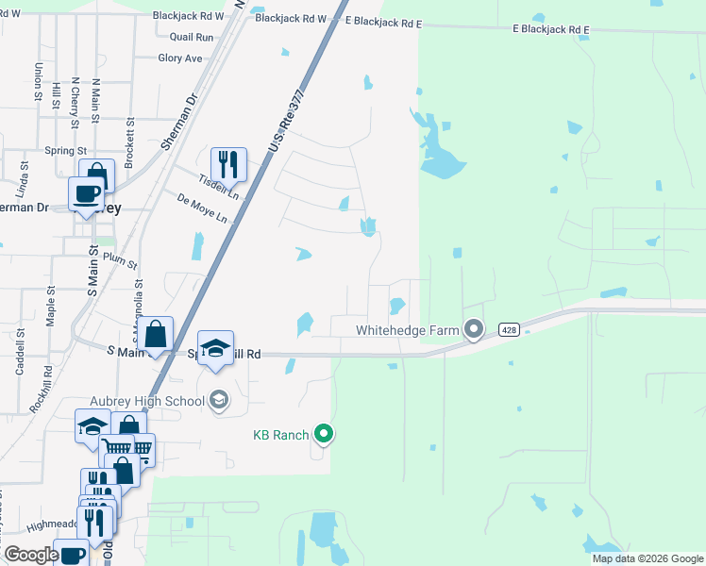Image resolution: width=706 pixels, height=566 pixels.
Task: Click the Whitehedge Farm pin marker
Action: pyautogui.click(x=474, y=329)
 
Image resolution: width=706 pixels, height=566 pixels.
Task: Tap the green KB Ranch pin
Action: pyautogui.click(x=325, y=434)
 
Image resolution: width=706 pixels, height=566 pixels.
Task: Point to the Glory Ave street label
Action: pyautogui.click(x=180, y=58)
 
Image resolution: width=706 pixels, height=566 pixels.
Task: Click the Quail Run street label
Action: pyautogui.click(x=192, y=37)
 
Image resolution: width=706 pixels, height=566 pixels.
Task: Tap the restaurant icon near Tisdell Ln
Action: pyautogui.click(x=228, y=164)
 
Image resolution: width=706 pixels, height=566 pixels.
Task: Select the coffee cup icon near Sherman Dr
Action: pyautogui.click(x=87, y=193)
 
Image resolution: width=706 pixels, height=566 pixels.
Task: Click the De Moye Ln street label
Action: pyautogui.click(x=203, y=208)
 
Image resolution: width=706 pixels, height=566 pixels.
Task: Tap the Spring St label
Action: pyautogui.click(x=66, y=150)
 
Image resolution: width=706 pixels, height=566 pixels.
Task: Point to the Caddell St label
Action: pyautogui.click(x=20, y=358)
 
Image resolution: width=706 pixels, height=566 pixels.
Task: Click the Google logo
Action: pyautogui.click(x=32, y=555)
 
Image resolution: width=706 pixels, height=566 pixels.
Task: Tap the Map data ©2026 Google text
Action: pyautogui.click(x=647, y=558)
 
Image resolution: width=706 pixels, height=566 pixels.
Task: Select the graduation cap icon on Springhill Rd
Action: pyautogui.click(x=215, y=348)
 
